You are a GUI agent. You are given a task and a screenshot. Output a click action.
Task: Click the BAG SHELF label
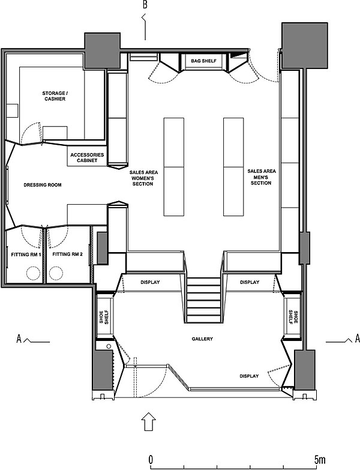[203, 61]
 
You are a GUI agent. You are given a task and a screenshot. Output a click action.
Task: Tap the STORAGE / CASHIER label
[55, 96]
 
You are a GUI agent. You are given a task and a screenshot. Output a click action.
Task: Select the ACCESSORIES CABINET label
[87, 158]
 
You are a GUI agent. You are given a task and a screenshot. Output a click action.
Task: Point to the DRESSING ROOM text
[43, 185]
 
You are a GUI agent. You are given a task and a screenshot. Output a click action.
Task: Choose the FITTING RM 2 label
[67, 254]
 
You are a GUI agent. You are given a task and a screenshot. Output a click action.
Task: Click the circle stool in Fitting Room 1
[33, 273]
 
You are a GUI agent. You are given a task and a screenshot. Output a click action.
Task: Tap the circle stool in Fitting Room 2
[56, 273]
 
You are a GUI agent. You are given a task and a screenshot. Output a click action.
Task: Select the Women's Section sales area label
[143, 178]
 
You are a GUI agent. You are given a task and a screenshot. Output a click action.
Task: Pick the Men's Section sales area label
[262, 177]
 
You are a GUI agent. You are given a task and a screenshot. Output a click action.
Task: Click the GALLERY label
[202, 339]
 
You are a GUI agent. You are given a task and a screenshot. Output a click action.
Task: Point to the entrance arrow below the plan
[149, 421]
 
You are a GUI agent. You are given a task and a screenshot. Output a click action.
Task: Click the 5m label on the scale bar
[319, 459]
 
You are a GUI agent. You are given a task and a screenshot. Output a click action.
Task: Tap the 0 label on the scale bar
[151, 459]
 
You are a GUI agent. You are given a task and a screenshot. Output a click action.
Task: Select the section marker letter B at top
[145, 5]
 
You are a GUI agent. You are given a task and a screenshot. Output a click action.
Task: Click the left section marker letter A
[19, 339]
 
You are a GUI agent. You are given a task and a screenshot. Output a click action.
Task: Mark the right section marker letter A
[357, 339]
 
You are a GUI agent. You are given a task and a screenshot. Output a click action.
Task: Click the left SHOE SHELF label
[104, 317]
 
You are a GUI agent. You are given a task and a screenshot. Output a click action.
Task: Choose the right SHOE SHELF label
[293, 316]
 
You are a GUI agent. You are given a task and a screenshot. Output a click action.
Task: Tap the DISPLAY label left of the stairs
[150, 282]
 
